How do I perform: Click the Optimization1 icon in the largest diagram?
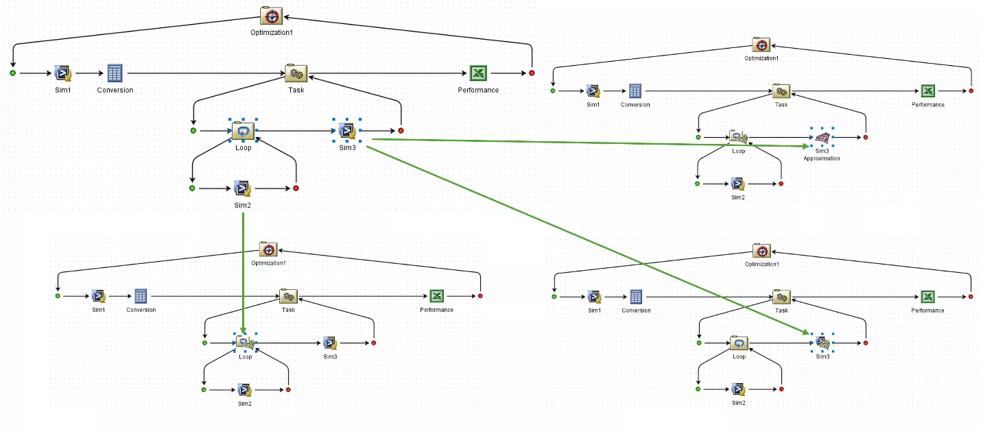pyautogui.click(x=272, y=16)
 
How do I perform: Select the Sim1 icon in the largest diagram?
pyautogui.click(x=64, y=73)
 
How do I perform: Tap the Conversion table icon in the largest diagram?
pyautogui.click(x=115, y=73)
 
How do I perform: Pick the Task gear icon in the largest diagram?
pyautogui.click(x=296, y=73)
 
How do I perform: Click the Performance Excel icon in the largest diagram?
pyautogui.click(x=477, y=73)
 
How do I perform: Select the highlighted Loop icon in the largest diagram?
pyautogui.click(x=244, y=130)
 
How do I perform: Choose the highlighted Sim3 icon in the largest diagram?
pyautogui.click(x=347, y=130)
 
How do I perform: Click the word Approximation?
pyautogui.click(x=822, y=158)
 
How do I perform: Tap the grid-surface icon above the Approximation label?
pyautogui.click(x=822, y=138)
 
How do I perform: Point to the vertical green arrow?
pyautogui.click(x=244, y=274)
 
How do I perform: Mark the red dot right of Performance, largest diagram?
pyautogui.click(x=532, y=73)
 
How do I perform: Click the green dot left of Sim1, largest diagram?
pyautogui.click(x=13, y=73)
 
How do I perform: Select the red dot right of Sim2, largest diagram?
pyautogui.click(x=296, y=188)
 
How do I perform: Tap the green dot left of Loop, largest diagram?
pyautogui.click(x=193, y=130)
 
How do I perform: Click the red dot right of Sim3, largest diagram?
pyautogui.click(x=401, y=130)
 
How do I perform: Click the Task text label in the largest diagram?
pyautogui.click(x=296, y=90)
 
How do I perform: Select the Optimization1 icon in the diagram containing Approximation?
pyautogui.click(x=761, y=45)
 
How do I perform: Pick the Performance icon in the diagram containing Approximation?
pyautogui.click(x=927, y=91)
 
